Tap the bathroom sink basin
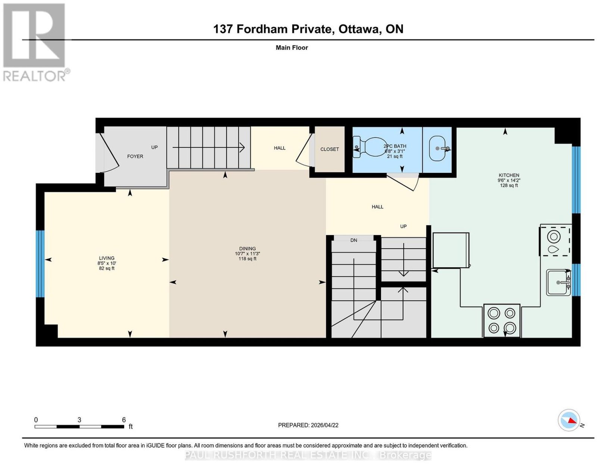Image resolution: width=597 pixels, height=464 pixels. click(437, 148)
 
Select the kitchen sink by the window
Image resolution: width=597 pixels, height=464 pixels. click(558, 283)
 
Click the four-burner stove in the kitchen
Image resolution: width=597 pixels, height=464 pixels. click(501, 321)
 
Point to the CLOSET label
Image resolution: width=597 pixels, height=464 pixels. click(329, 149)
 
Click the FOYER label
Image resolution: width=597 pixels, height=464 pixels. click(135, 156)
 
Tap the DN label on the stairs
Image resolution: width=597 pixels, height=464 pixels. click(354, 240)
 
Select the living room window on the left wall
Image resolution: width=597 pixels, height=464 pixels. click(40, 264)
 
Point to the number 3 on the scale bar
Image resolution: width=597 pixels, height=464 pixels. click(79, 420)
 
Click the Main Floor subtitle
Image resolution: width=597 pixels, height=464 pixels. click(292, 47)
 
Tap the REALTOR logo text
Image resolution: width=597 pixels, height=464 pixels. click(34, 76)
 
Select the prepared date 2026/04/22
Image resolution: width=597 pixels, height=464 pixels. click(325, 425)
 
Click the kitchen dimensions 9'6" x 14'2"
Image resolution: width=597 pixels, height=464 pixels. click(509, 180)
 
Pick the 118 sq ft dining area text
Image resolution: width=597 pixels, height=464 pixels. click(247, 259)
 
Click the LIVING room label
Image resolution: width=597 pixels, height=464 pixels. click(107, 258)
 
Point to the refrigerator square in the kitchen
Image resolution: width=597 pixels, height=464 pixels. click(451, 250)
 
